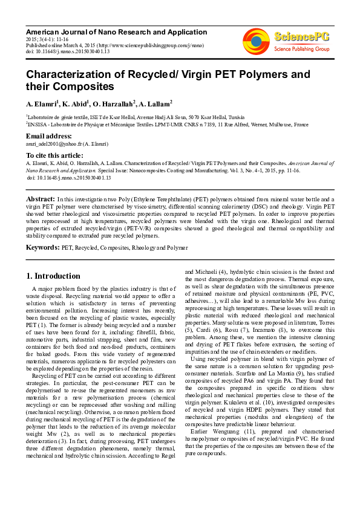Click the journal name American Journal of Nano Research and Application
(x=116, y=31)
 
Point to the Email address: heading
(x=48, y=136)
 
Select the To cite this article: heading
(x=55, y=155)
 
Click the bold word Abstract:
(x=41, y=198)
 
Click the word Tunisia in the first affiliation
(x=237, y=117)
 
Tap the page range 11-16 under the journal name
(x=62, y=38)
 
